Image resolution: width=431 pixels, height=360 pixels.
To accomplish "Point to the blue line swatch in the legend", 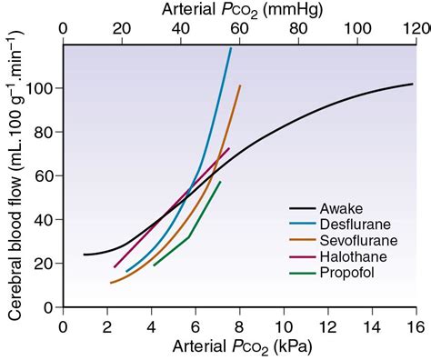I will [304, 225].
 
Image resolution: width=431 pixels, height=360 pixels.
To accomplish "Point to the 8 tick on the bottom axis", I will [239, 325].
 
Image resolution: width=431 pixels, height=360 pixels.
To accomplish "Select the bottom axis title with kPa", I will [238, 346].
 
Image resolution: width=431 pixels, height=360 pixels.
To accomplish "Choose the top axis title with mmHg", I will [238, 10].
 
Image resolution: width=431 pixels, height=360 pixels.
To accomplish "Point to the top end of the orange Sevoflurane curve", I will [240, 85].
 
